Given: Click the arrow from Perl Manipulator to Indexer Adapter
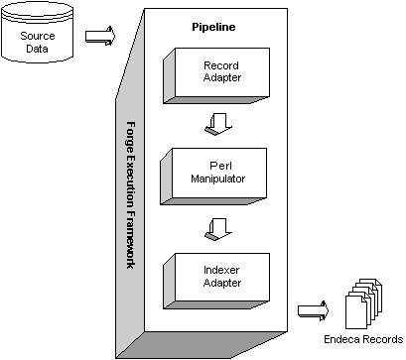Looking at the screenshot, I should click(212, 230).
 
